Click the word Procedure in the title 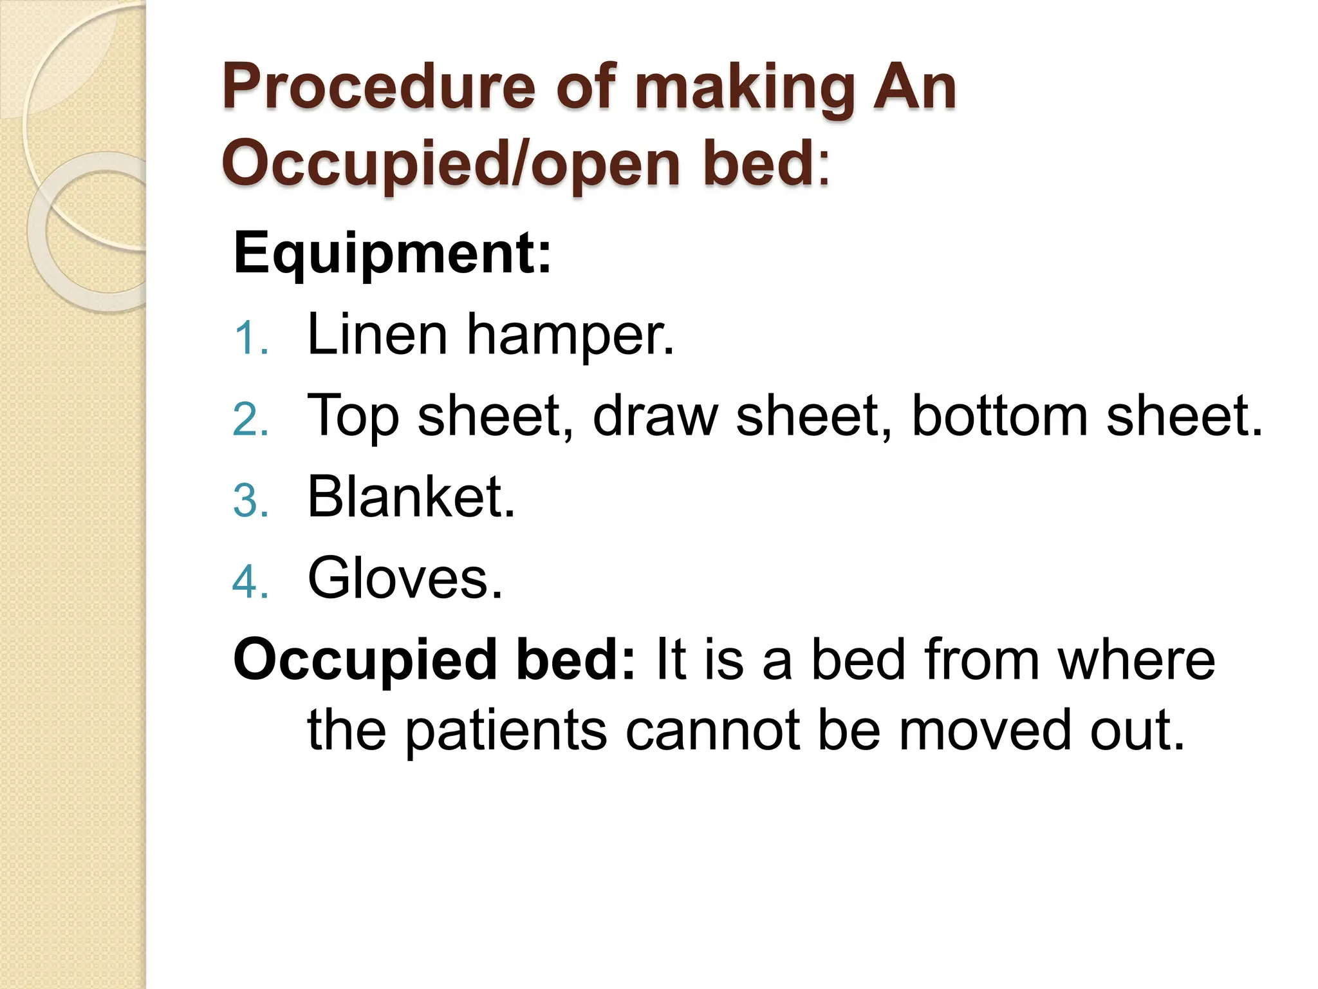(378, 88)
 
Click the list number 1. (250, 338)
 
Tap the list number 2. (250, 420)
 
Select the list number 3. (250, 501)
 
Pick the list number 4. (250, 582)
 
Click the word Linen (377, 334)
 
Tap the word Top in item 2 (353, 417)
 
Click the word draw (654, 416)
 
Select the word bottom (999, 416)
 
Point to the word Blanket (411, 496)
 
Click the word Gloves (405, 578)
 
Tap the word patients (506, 731)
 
